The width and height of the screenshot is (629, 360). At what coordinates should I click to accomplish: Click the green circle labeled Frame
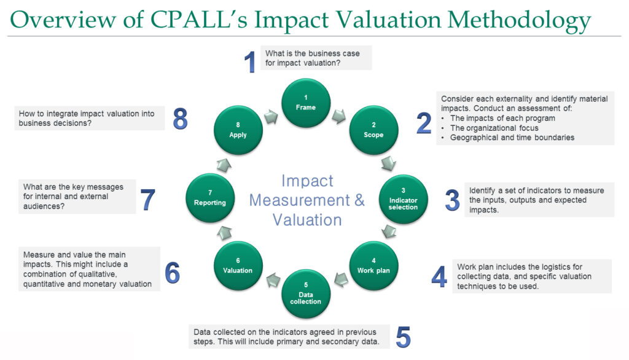tap(306, 103)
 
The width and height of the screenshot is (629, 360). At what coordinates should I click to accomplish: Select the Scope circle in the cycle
tap(373, 130)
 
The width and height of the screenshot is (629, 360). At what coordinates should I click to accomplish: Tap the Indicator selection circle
tap(403, 199)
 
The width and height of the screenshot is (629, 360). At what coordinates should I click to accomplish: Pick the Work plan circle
tap(373, 265)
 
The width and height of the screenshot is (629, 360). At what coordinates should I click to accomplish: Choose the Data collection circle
tap(306, 294)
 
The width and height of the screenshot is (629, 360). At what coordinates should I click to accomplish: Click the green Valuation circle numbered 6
tap(238, 265)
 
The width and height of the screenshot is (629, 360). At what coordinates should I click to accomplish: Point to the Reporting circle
tap(210, 198)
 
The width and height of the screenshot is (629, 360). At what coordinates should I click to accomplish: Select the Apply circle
tap(238, 130)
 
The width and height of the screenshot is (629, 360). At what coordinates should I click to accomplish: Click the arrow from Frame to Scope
tap(339, 115)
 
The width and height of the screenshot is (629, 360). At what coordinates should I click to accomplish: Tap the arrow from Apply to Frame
tap(271, 117)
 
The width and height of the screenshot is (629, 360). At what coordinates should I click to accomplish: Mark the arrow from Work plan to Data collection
tap(341, 280)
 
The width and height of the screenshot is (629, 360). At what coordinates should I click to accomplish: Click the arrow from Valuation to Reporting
tap(224, 233)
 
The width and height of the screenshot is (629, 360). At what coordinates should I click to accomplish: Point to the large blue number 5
tap(403, 337)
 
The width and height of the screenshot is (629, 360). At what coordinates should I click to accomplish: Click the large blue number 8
tap(180, 119)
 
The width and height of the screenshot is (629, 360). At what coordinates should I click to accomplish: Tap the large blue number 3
tap(452, 200)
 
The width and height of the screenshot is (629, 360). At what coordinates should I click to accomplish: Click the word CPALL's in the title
tap(198, 19)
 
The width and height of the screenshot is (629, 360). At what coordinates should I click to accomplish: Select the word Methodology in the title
tap(519, 21)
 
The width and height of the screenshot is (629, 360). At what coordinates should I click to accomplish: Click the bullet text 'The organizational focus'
tap(494, 128)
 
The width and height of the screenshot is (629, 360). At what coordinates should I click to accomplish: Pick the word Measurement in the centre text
tap(300, 200)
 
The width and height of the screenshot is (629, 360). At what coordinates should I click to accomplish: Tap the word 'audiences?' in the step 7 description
tap(44, 206)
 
